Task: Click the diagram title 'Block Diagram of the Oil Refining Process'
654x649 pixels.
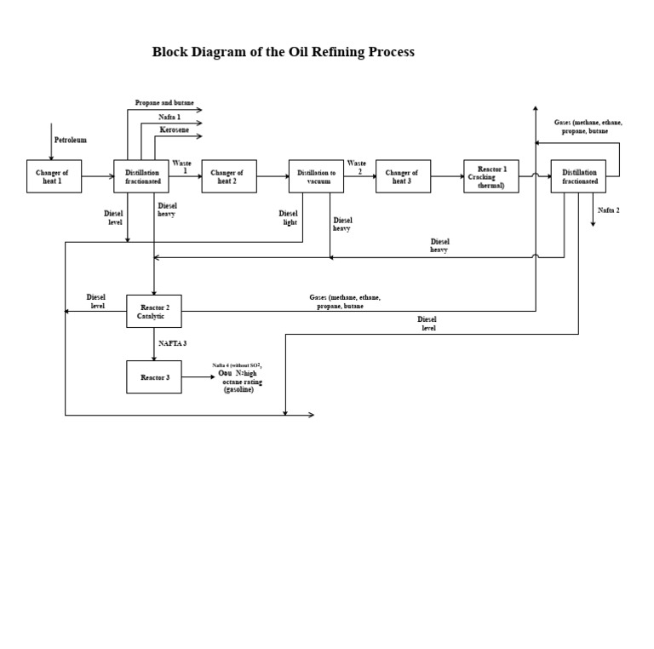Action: pos(283,52)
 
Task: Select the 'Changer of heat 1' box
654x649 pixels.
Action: pos(54,176)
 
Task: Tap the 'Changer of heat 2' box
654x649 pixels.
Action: pos(229,176)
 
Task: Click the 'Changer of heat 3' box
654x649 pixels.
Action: pos(403,176)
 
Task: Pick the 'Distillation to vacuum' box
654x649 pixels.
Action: pos(316,176)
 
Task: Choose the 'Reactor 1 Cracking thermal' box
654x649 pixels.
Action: pos(490,176)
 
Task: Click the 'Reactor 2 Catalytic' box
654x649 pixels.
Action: pos(153,311)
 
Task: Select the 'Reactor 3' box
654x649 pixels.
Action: pos(153,376)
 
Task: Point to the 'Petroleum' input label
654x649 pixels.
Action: pos(71,140)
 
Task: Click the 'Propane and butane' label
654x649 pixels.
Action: pos(164,103)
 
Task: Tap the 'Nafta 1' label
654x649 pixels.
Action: pos(169,117)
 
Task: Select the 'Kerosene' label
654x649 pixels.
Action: pos(175,129)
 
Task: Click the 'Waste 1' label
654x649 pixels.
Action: pos(182,166)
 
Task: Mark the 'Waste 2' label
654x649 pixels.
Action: pos(356,166)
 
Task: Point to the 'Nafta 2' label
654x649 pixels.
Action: pos(608,210)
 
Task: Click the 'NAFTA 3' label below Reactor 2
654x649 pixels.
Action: pos(172,343)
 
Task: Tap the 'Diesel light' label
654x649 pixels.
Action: pos(289,218)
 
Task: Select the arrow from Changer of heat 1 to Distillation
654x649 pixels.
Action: pos(98,176)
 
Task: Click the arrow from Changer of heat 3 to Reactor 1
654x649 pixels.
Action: pos(447,176)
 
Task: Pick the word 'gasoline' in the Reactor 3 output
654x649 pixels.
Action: pos(239,389)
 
